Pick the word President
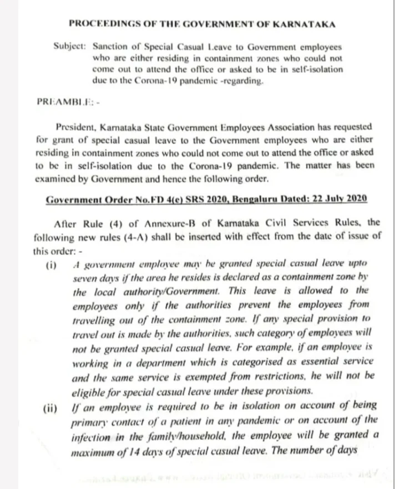[81, 128]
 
